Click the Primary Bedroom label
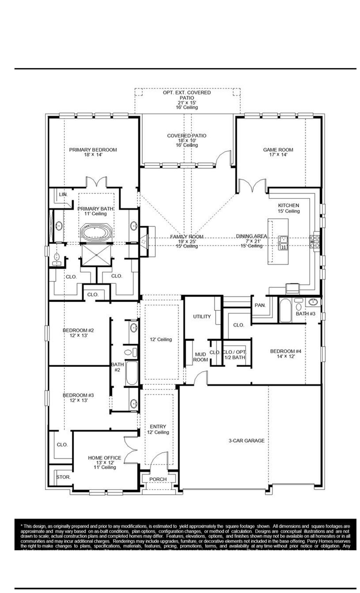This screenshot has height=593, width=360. (93, 150)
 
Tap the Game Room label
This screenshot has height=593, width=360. (278, 150)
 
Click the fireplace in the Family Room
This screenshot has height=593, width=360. (144, 241)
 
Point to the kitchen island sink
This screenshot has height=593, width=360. (283, 243)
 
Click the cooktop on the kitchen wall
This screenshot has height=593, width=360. (315, 241)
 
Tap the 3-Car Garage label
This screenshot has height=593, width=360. (246, 440)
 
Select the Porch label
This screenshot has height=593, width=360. (158, 479)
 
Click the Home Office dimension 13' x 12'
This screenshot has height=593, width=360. (104, 463)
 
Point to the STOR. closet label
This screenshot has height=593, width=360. (64, 477)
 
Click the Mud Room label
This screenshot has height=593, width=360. (200, 357)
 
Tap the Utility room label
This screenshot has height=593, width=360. (202, 316)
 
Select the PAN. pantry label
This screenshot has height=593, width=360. (260, 305)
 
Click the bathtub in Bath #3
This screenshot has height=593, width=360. (285, 310)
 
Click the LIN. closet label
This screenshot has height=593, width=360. (63, 194)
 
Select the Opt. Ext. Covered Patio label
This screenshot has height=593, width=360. (187, 95)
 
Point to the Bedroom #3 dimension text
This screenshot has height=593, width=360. (78, 400)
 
